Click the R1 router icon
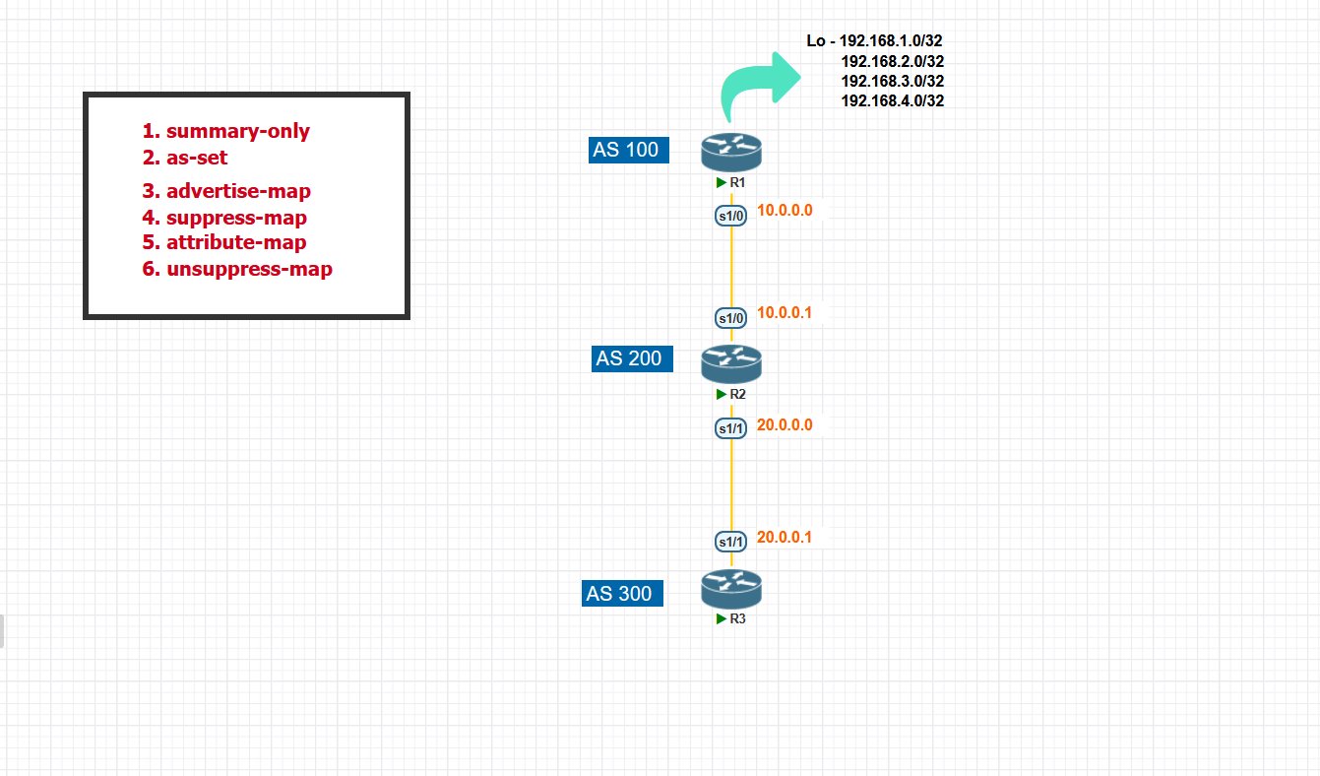tap(731, 153)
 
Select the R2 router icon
tap(731, 364)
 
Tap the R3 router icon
tap(731, 589)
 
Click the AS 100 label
tap(629, 150)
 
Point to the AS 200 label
tap(632, 358)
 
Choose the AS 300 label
tap(622, 594)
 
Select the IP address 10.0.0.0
tap(785, 210)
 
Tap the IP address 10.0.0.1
tap(785, 313)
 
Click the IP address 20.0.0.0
tap(785, 425)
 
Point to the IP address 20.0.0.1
tap(785, 538)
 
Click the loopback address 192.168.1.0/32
tap(891, 41)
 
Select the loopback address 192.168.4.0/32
tap(893, 100)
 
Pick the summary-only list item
tap(237, 131)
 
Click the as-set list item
tap(197, 157)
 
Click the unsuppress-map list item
tap(249, 269)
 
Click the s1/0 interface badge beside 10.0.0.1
tap(731, 318)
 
